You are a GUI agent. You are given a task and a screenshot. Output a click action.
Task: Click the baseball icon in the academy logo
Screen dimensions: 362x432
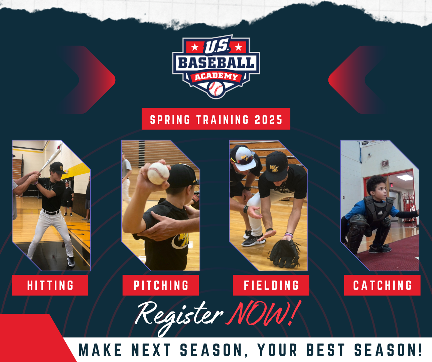tap(216, 89)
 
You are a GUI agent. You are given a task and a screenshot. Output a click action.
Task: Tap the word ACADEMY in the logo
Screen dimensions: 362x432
tap(216, 76)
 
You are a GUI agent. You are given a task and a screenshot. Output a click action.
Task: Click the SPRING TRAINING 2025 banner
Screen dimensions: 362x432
tap(216, 119)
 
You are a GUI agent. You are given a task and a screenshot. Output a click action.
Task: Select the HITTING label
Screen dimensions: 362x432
tap(50, 285)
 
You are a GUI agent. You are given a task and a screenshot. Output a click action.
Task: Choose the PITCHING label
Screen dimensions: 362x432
tap(161, 285)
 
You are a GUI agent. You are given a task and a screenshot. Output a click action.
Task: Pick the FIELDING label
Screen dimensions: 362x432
tap(271, 285)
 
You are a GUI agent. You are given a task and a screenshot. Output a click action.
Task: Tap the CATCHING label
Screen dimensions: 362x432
tap(382, 285)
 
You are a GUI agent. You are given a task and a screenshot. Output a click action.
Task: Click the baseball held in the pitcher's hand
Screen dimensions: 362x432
tap(158, 173)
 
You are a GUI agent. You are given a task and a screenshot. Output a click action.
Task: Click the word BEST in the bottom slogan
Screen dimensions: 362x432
tap(325, 350)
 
